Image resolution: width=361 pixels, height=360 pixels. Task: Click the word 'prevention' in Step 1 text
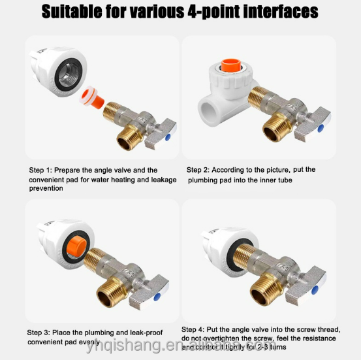(x=46, y=188)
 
